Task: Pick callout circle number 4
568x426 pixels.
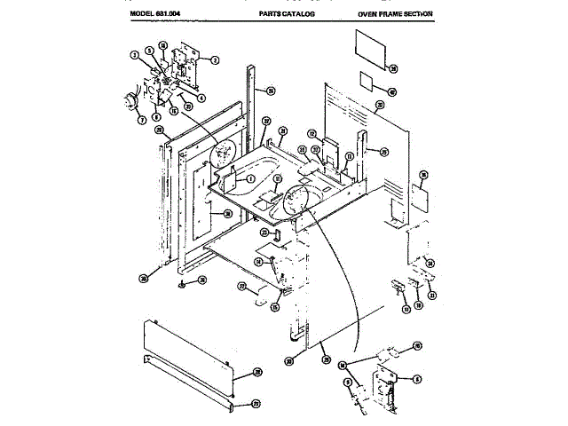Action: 202,98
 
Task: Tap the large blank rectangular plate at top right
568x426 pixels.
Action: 373,50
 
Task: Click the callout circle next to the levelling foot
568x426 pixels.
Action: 202,280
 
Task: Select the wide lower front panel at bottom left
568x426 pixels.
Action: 186,355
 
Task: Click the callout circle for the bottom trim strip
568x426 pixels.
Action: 256,404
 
